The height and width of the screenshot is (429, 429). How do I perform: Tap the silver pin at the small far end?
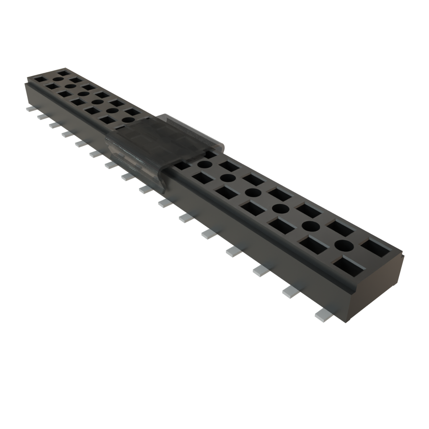click(x=30, y=109)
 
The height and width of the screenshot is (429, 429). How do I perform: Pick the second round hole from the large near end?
click(x=310, y=226)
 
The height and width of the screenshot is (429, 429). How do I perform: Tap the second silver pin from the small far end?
click(x=42, y=116)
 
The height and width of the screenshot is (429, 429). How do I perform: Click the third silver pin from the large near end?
click(x=261, y=271)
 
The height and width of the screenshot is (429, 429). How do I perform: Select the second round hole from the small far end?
click(x=70, y=86)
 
